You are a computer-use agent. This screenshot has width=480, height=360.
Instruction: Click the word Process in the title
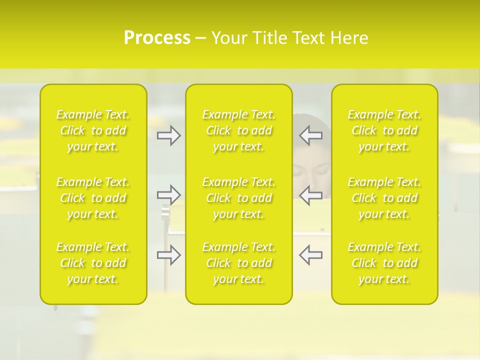[157, 38]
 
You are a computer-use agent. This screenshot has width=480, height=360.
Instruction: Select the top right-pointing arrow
[169, 135]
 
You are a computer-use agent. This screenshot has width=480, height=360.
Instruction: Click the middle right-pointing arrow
[169, 194]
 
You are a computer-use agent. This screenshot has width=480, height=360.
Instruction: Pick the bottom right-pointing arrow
[169, 255]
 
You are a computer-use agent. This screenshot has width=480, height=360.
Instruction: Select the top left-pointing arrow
[310, 135]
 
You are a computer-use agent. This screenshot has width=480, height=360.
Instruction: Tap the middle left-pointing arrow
[310, 194]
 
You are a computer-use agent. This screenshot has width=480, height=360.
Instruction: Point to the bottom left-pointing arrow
[310, 254]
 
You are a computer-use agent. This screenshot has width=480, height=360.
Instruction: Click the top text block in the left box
[93, 130]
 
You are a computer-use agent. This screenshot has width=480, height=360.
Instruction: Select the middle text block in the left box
[93, 198]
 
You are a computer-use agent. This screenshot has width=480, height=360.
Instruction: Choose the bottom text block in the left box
[93, 263]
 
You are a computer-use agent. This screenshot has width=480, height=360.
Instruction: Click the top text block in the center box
[239, 130]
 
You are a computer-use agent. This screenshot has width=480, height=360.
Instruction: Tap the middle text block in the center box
[239, 198]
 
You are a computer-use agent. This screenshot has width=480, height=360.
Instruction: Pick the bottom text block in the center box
[239, 263]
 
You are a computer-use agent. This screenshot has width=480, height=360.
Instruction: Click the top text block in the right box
[384, 130]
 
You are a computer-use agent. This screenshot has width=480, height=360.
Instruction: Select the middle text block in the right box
[384, 198]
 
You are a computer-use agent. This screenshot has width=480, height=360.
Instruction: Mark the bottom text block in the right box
[384, 263]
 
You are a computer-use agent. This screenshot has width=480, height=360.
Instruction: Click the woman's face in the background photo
[311, 170]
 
